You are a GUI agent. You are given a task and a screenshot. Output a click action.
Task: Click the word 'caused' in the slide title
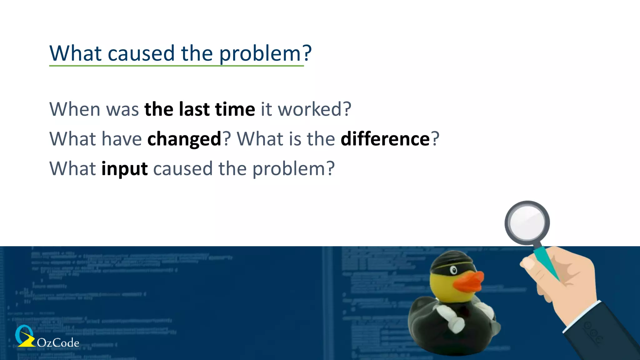[x=141, y=54]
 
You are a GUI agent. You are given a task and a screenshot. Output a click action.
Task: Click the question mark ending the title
[x=307, y=53]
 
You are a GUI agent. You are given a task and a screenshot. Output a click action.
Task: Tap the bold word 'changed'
[x=184, y=139]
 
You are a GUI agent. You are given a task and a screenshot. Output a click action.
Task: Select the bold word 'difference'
[x=385, y=139]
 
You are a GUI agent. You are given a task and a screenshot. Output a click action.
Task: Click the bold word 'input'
[x=124, y=169]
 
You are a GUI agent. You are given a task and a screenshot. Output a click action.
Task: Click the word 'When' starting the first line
[x=75, y=109]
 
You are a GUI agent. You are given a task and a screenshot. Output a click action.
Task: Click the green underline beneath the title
[x=176, y=66]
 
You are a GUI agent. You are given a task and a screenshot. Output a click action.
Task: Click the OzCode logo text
[x=58, y=343]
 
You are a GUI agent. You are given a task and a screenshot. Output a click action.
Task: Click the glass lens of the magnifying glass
[x=527, y=222]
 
